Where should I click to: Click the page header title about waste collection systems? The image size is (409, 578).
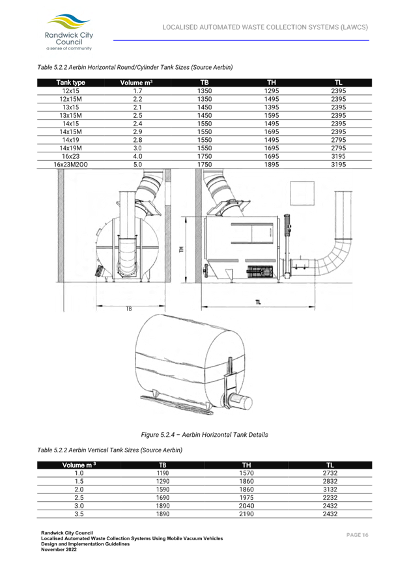coord(265,27)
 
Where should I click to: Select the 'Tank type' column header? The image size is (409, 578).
coord(70,83)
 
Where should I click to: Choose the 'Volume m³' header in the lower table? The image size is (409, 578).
coord(79,465)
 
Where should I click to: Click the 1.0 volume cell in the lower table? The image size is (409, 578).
coord(79,473)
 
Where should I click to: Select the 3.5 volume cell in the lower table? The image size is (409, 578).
coord(79,514)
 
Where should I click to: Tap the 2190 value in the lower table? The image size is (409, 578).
coord(246,514)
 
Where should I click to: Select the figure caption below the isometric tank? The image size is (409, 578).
coord(204,434)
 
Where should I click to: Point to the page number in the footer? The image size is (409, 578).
coord(358,534)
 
